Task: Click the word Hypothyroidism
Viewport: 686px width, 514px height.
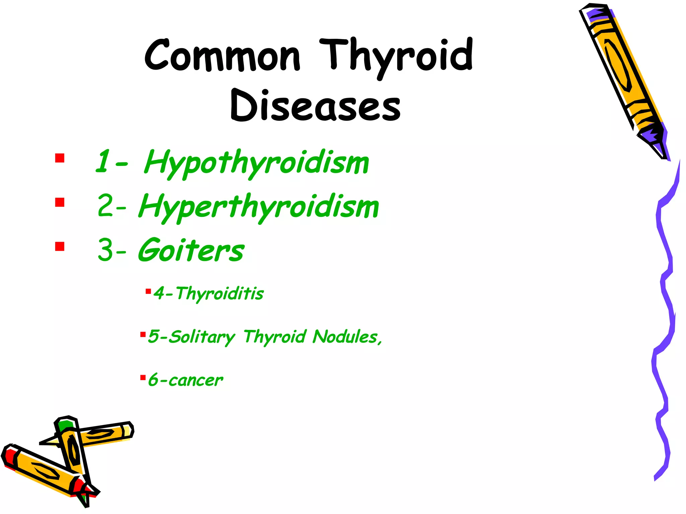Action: [x=256, y=163]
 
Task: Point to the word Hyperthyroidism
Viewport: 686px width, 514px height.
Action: [x=259, y=207]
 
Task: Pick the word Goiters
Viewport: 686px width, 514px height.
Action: [x=191, y=251]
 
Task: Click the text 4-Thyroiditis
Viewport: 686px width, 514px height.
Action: [x=208, y=293]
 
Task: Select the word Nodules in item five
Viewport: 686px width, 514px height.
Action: [x=345, y=337]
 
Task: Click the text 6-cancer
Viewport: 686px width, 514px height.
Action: [x=186, y=380]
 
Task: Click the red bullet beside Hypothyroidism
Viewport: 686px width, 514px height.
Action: [x=60, y=158]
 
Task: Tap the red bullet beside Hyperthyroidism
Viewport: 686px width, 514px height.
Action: [x=60, y=202]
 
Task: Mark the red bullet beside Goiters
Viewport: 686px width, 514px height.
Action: [x=60, y=247]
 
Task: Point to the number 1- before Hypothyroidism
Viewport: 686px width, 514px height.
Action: [x=111, y=162]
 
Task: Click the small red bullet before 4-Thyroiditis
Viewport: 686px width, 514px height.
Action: [x=148, y=291]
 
